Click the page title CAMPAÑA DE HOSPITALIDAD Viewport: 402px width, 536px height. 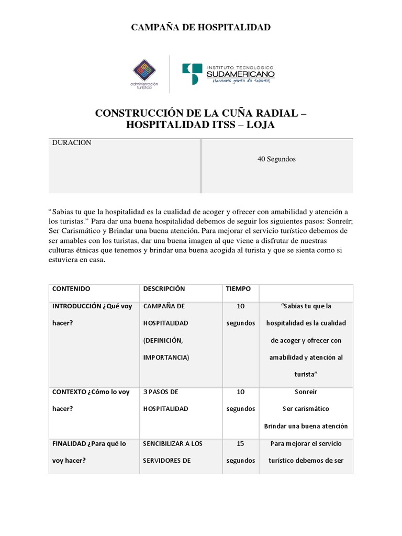pos(200,27)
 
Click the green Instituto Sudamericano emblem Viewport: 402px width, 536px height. pos(191,73)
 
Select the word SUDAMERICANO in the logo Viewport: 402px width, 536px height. pos(240,74)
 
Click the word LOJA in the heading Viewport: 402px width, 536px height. pos(258,125)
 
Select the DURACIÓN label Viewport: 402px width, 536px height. pos(72,143)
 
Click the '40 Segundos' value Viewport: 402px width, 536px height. pos(276,159)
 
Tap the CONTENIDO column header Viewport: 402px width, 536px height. pos(71,289)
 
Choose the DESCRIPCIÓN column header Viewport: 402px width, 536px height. pos(164,289)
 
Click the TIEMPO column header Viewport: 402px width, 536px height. pos(238,289)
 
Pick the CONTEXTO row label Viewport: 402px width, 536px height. pos(73,392)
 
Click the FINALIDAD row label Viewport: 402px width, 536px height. pos(74,443)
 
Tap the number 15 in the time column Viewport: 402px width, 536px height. pos(240,443)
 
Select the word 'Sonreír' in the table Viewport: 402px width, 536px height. pos(306,392)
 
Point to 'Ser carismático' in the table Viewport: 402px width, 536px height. pos(306,408)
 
